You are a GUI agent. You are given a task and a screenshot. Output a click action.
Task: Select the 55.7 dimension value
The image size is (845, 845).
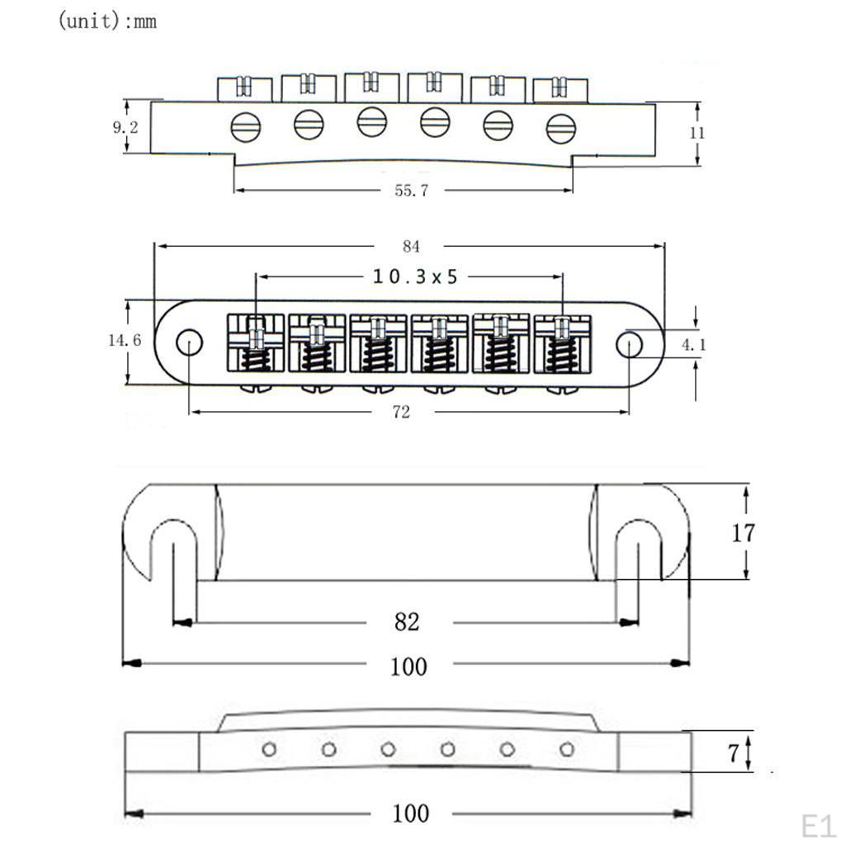[x=411, y=191]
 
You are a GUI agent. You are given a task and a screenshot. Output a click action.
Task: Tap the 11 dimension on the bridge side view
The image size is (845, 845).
[x=698, y=132]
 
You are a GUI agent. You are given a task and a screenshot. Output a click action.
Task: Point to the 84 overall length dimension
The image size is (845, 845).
[x=411, y=246]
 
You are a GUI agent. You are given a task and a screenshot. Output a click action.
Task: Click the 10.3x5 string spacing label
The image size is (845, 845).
[x=414, y=276]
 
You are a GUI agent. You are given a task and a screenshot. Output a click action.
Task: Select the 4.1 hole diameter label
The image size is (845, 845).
[x=693, y=345]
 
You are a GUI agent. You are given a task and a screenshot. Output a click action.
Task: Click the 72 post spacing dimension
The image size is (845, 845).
[x=401, y=412]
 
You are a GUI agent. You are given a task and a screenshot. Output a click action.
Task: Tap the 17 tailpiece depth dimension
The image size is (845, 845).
[x=743, y=533]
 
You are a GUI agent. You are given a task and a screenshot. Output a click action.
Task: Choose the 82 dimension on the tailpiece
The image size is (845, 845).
[x=407, y=621]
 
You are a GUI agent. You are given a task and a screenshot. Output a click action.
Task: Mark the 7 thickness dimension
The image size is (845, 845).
[x=731, y=753]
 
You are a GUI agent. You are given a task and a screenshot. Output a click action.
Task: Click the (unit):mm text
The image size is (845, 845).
[x=106, y=21]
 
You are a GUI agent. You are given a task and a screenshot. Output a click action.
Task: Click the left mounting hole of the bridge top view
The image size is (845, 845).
[x=190, y=342]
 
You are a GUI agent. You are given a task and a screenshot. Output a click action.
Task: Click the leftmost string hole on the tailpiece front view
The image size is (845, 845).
[x=269, y=749]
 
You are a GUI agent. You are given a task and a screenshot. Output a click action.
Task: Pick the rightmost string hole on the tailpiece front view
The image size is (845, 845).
[x=566, y=749]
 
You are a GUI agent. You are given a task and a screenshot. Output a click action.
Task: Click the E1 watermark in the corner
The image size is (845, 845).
[x=817, y=824]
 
